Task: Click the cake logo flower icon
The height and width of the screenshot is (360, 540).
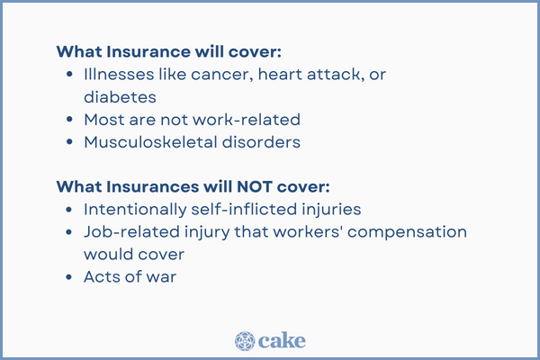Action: [x=246, y=340]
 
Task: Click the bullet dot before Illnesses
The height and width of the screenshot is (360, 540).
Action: [x=70, y=75]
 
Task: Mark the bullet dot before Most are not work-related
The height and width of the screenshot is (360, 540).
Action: [x=70, y=120]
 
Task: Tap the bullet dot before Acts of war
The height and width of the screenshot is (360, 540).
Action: [x=70, y=278]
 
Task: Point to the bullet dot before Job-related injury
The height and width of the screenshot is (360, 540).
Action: [x=70, y=232]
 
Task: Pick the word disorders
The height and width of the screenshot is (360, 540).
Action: [x=265, y=142]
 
